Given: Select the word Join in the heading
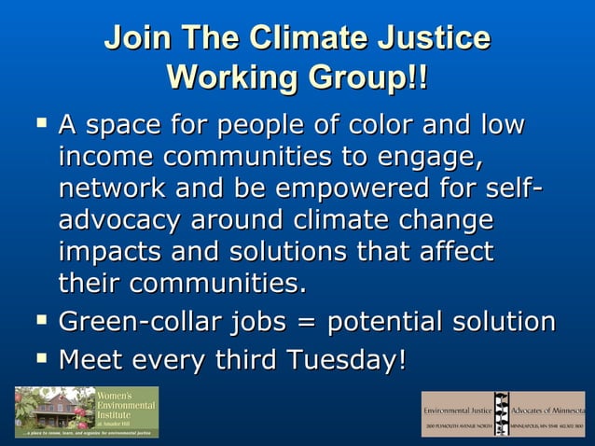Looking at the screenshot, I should (x=136, y=38).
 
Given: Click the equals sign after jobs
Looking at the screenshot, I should (x=301, y=323).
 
